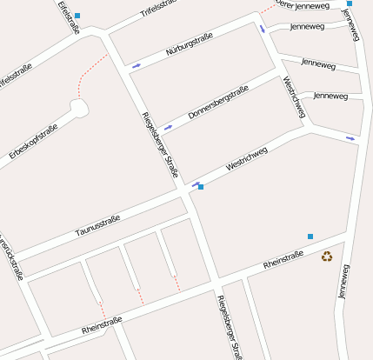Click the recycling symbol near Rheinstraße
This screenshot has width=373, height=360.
click(x=327, y=256)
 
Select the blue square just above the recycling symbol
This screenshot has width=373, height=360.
click(x=310, y=237)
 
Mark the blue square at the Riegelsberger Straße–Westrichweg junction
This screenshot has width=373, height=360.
click(x=201, y=187)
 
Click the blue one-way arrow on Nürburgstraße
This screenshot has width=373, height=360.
click(x=136, y=65)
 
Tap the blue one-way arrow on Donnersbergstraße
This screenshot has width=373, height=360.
click(x=168, y=126)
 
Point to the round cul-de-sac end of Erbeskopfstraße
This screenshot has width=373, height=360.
click(x=79, y=109)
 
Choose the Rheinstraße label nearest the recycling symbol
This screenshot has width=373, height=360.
click(x=283, y=258)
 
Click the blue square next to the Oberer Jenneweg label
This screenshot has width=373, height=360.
click(x=350, y=4)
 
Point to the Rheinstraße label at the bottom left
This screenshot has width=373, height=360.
click(x=102, y=326)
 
